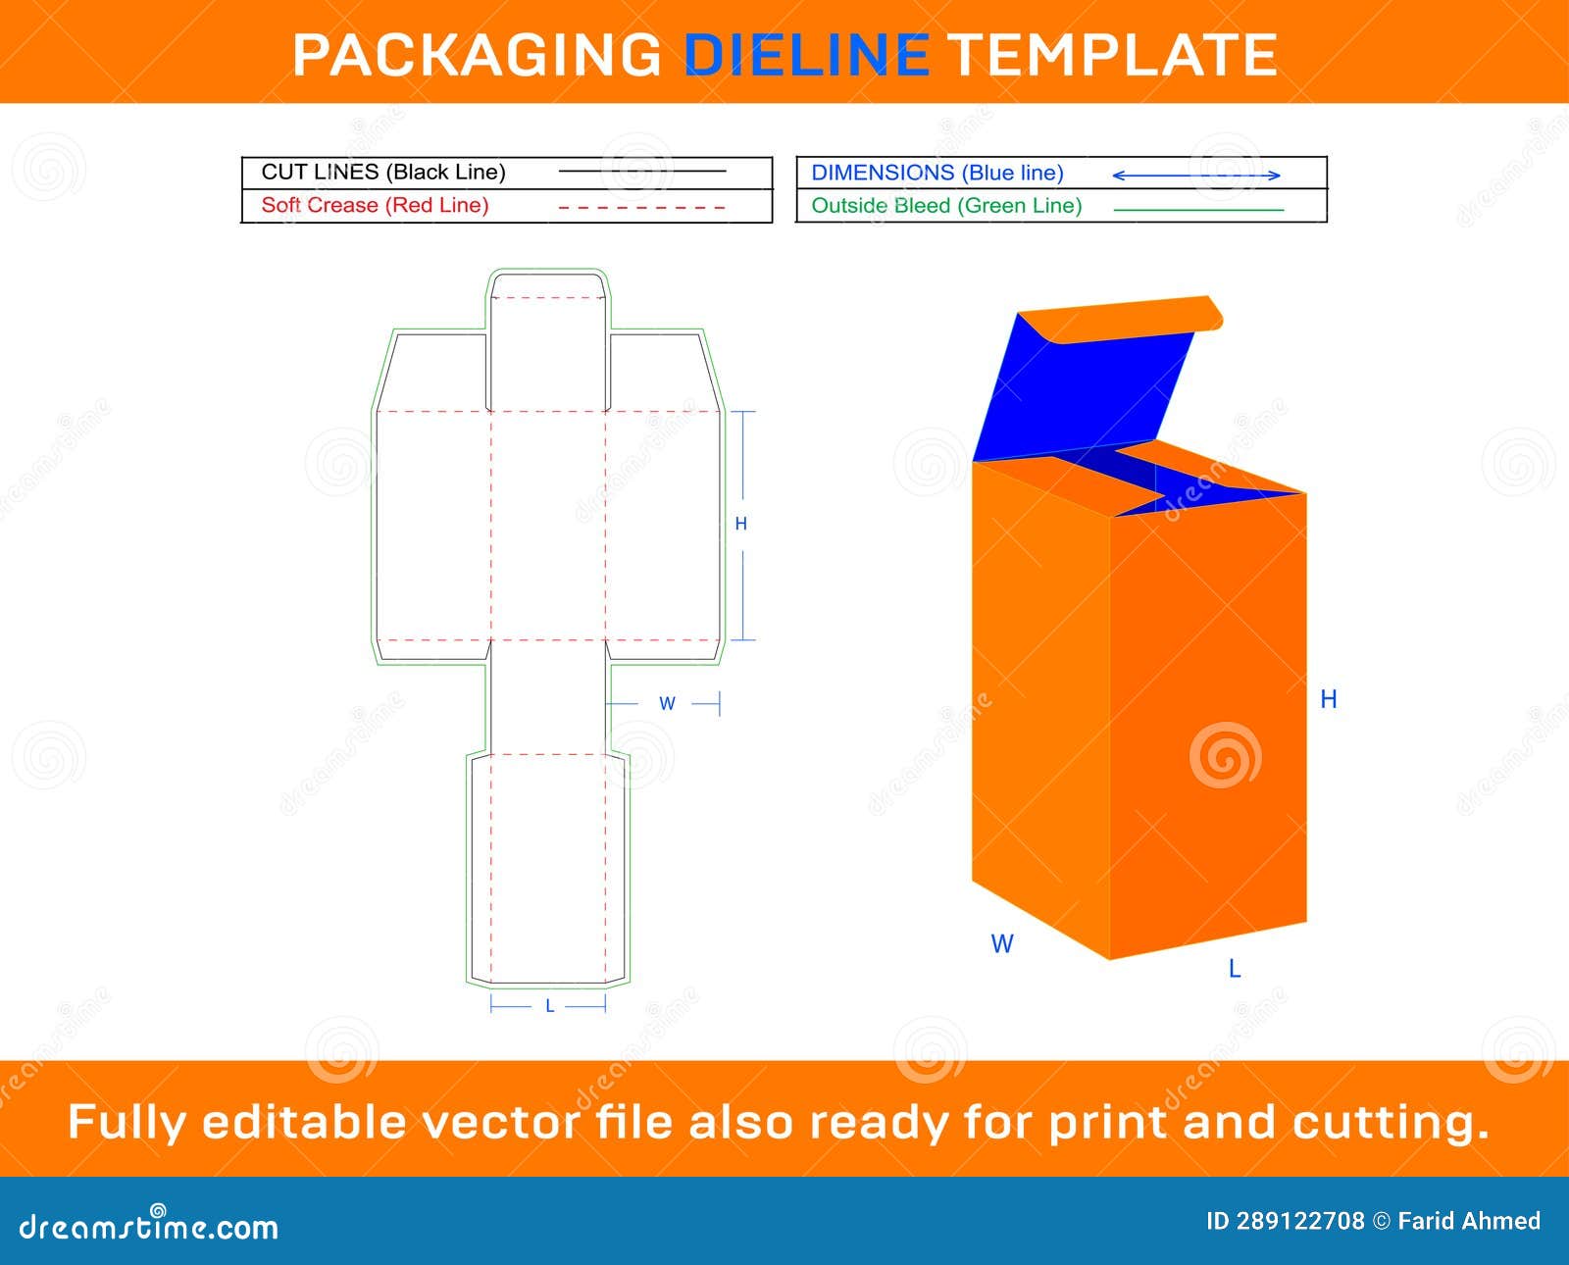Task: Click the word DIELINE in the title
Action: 806,54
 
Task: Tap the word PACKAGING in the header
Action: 478,54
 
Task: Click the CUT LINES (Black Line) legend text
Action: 383,173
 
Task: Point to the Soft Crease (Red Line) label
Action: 375,205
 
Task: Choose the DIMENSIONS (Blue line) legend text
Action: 937,173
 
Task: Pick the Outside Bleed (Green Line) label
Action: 946,206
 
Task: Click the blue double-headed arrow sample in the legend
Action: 1196,176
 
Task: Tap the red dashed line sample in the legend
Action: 641,208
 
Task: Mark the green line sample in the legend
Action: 1198,210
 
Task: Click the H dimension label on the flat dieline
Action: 741,524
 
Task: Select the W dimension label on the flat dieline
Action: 667,703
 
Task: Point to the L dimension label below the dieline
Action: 549,1006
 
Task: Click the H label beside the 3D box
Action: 1328,699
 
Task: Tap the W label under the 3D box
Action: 1001,943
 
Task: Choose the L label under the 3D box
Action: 1235,969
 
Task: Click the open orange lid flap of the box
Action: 1128,319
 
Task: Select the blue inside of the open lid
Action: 1079,392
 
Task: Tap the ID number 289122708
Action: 1299,1221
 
